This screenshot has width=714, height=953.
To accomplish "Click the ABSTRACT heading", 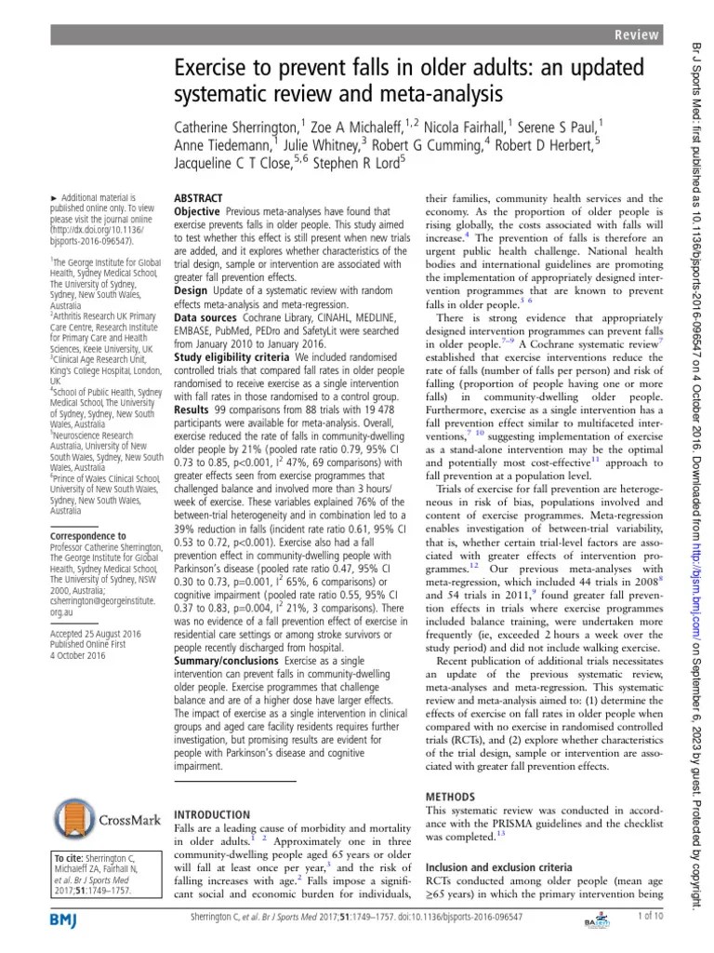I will coord(199,199).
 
